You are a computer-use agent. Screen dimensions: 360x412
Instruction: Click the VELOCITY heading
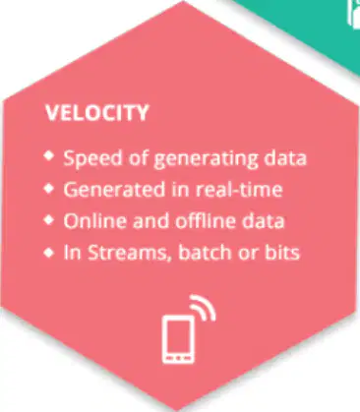point(97,113)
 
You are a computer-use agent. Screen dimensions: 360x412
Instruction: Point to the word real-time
point(239,190)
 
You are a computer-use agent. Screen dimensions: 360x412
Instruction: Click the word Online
point(95,220)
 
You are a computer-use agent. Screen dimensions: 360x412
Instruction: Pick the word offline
point(206,220)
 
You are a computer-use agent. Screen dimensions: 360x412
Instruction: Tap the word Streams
point(130,253)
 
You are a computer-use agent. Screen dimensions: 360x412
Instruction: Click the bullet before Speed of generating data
point(48,155)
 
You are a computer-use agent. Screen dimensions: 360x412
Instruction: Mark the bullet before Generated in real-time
point(48,189)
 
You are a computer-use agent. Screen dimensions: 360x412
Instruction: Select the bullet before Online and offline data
point(48,220)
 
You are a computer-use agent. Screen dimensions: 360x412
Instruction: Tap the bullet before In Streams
point(48,253)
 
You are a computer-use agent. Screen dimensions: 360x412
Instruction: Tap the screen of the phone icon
point(178,336)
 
